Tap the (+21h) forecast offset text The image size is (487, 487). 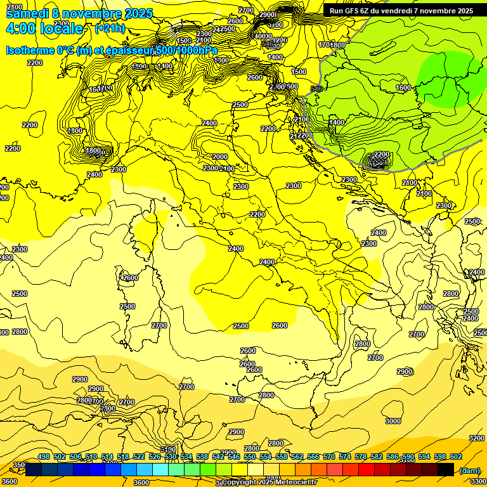point(109,29)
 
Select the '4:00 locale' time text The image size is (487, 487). point(44,29)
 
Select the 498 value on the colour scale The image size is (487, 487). point(44,457)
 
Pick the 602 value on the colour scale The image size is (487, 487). point(455,457)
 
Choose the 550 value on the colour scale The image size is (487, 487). point(249,457)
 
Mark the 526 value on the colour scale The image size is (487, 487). point(155,457)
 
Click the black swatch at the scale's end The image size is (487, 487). point(445,470)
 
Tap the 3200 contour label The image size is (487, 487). point(476,438)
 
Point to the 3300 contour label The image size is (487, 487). point(478,482)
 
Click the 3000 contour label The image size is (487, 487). point(393,421)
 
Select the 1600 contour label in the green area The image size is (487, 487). point(403,88)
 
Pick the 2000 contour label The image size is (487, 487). point(219,157)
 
